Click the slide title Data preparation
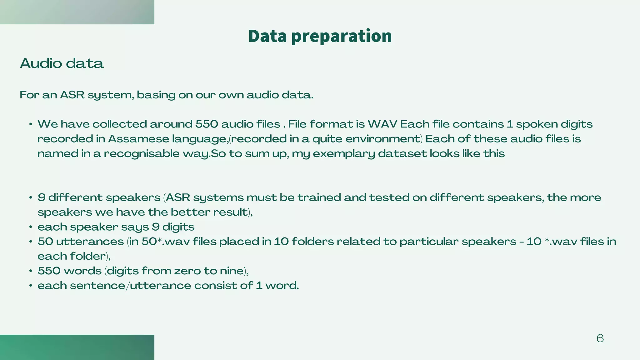(x=320, y=36)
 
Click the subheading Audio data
(x=62, y=63)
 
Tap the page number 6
(x=600, y=338)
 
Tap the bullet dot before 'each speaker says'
(x=31, y=227)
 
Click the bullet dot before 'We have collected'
(x=31, y=125)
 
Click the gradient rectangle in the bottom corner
(x=77, y=347)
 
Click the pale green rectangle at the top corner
(x=77, y=12)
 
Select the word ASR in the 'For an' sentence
(x=72, y=95)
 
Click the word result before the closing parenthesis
(x=230, y=212)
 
